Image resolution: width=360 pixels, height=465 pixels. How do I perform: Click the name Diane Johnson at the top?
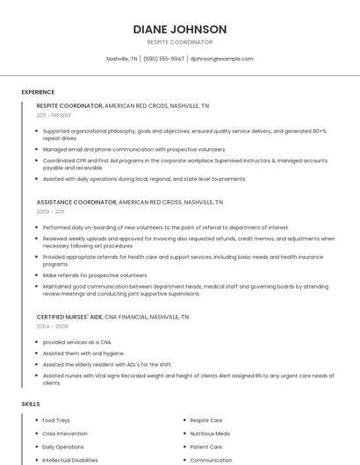(x=180, y=29)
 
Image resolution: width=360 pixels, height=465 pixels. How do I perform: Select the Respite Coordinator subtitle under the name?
(x=180, y=42)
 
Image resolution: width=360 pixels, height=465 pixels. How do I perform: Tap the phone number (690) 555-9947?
(x=163, y=59)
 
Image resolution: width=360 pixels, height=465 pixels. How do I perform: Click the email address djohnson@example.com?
(x=221, y=59)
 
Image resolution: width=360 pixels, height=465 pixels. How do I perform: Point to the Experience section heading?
(x=38, y=92)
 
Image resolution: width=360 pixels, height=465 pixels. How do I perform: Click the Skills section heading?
(x=31, y=404)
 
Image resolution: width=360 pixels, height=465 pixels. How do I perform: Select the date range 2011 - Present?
(x=54, y=115)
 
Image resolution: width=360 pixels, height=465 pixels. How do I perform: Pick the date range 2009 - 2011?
(x=50, y=211)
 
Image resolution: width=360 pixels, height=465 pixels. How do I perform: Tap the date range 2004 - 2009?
(x=51, y=325)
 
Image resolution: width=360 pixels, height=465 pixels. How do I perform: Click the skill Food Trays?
(x=57, y=420)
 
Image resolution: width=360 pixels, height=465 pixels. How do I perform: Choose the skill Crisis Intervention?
(x=65, y=433)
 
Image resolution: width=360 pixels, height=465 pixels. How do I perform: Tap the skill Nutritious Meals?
(x=210, y=433)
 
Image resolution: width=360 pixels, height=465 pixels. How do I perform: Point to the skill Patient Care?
(x=206, y=447)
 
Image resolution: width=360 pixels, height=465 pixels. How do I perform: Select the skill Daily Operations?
(x=63, y=447)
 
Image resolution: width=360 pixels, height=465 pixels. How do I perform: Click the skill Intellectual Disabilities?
(x=70, y=460)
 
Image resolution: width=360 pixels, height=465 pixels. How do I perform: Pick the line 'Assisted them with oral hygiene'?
(x=83, y=353)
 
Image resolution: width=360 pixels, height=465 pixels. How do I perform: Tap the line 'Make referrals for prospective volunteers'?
(x=96, y=275)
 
